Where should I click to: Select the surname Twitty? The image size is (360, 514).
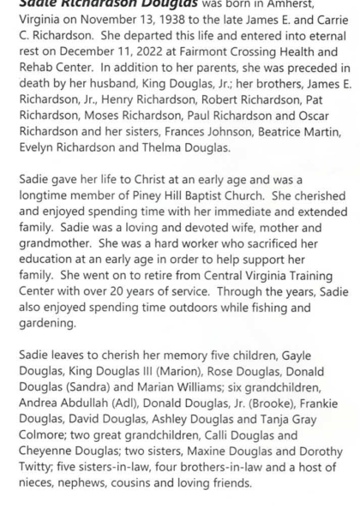coord(27,481)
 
